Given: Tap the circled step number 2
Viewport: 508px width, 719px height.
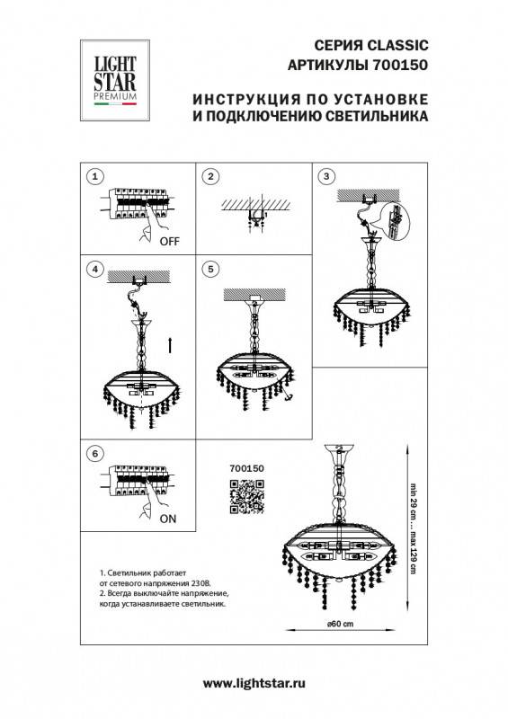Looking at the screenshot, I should point(210,177).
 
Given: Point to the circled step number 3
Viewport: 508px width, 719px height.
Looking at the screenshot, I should point(326,177).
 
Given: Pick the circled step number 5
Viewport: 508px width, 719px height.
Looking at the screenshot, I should point(210,269).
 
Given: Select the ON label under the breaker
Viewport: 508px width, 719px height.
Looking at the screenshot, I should point(168,519).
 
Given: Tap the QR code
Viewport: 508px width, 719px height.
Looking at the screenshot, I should point(245,497).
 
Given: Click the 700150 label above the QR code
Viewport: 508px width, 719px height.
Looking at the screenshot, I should point(245,468).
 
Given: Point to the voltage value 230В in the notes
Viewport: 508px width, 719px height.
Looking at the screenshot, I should point(205,583).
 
